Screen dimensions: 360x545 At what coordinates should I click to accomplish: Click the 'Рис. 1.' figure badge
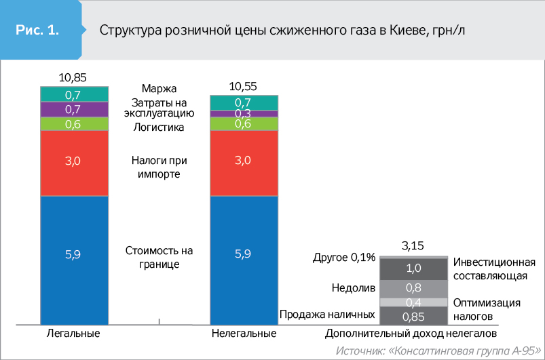37,31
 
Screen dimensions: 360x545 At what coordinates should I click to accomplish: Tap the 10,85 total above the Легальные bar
74,77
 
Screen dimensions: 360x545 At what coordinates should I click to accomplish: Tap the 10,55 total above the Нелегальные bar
244,85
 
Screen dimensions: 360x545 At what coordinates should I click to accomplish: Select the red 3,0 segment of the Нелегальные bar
244,161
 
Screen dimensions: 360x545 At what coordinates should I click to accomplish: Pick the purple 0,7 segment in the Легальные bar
74,109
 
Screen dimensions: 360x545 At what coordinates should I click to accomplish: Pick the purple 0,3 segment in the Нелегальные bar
244,113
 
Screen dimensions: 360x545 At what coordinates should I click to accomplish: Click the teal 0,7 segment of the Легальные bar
74,94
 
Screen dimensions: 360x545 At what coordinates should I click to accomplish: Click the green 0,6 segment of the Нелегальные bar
244,123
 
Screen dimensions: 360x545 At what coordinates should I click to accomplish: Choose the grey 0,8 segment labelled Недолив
413,288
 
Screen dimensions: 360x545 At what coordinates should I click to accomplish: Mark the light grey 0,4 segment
413,302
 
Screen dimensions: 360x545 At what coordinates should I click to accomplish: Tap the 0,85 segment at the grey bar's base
413,317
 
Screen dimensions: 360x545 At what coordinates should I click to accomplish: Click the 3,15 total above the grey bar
413,245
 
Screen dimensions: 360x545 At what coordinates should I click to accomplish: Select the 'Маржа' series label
159,89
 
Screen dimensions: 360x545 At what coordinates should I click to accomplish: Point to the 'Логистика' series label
159,127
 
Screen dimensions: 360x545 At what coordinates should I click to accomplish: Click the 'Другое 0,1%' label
344,258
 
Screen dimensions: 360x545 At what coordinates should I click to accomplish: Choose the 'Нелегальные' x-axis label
244,334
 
